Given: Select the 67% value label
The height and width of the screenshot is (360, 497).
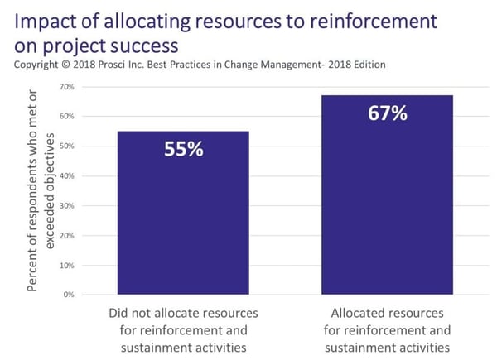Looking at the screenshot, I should point(387,113).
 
